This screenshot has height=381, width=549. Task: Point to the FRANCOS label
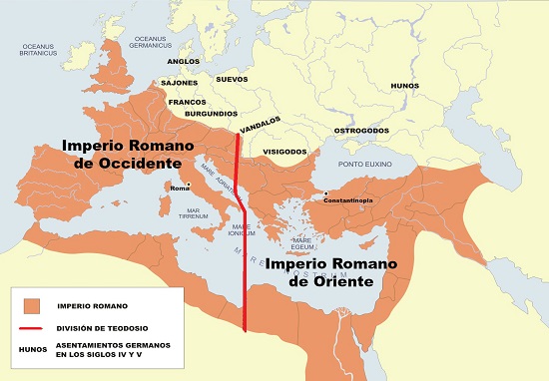pos(187,102)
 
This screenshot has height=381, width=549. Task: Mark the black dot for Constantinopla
pos(326,193)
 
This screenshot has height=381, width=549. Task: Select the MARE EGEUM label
pos(302,242)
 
